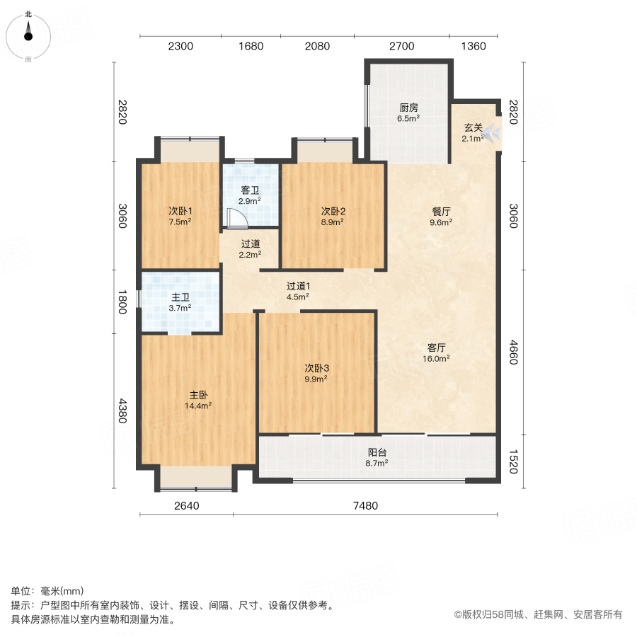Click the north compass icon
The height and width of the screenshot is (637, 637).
tap(28, 34)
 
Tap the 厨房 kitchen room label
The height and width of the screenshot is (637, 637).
tap(409, 108)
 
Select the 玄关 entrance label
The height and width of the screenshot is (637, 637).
tap(473, 128)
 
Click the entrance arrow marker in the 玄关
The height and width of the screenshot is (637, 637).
tap(493, 134)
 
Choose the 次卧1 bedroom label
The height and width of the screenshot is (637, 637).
tap(180, 211)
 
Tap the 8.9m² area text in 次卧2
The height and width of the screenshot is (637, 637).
tap(333, 222)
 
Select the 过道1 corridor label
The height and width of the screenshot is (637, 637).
tap(298, 287)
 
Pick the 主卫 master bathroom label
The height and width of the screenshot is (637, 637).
tap(180, 297)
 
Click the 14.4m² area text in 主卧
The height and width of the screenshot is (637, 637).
tap(199, 406)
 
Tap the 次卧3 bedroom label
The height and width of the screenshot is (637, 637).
tap(317, 368)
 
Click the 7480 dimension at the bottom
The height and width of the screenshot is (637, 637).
tap(366, 505)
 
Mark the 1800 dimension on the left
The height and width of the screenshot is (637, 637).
tap(122, 302)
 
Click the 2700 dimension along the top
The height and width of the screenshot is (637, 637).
tap(401, 47)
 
